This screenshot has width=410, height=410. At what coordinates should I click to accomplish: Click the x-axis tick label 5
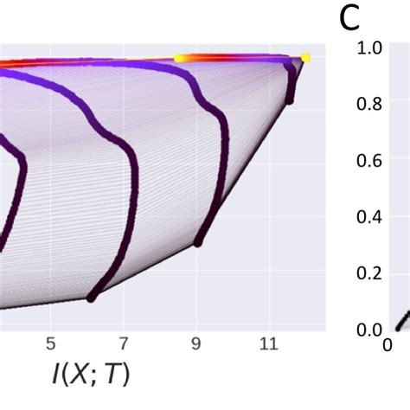pos(51,343)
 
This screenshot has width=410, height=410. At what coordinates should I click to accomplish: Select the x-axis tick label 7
pos(124,343)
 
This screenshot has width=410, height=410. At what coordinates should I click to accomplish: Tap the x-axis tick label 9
pos(197,343)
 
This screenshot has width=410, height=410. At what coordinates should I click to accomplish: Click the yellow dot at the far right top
pos(305,59)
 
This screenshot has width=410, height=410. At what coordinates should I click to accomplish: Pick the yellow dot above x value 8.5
pos(179,58)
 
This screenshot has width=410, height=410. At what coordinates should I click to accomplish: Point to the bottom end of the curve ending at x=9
pos(198,243)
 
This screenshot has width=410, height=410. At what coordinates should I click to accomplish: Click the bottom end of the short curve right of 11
pos(289,100)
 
